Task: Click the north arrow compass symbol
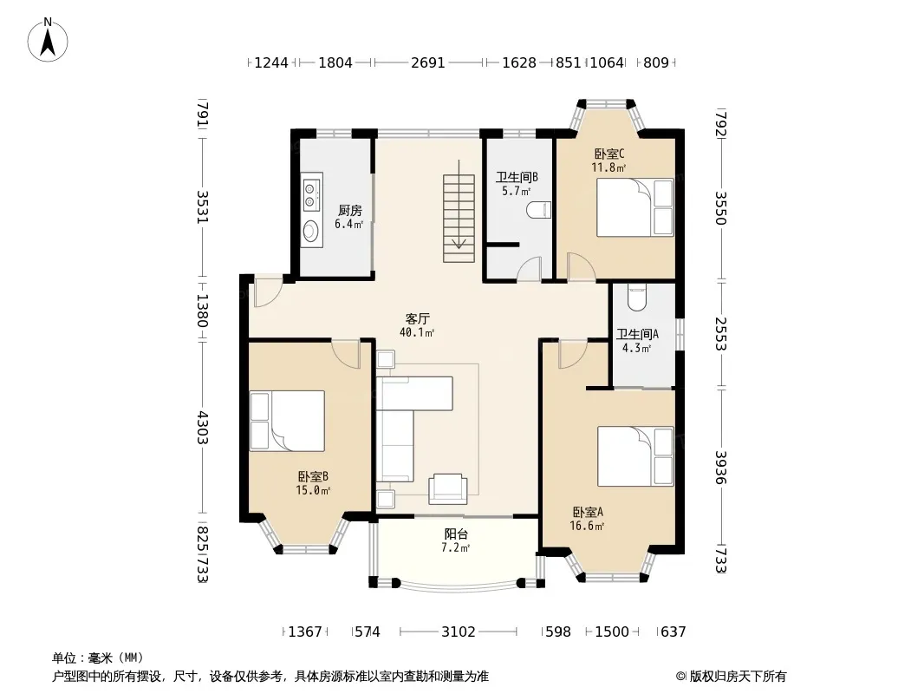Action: [x=48, y=40]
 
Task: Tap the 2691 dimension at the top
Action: [x=428, y=62]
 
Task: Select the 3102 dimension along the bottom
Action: [x=459, y=632]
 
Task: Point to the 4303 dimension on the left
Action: [x=203, y=428]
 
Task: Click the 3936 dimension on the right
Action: [x=720, y=468]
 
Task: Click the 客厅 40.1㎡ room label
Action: [x=417, y=325]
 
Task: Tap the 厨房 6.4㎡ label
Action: [x=348, y=217]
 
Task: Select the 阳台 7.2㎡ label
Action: [x=456, y=540]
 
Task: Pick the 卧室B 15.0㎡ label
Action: [x=313, y=483]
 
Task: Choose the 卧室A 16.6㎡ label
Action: [x=588, y=519]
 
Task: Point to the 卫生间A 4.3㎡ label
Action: [x=637, y=341]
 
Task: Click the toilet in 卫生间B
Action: [x=538, y=210]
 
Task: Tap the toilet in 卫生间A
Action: [x=637, y=298]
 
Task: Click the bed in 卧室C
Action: [x=634, y=207]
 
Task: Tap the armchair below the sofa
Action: [x=448, y=488]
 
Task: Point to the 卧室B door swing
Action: [x=345, y=354]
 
